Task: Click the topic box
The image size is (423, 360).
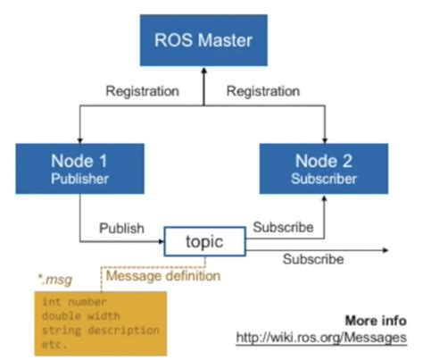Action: (203, 242)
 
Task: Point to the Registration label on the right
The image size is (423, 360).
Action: (263, 91)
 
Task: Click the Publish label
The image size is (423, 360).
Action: (121, 228)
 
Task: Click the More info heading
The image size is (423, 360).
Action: (374, 321)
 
